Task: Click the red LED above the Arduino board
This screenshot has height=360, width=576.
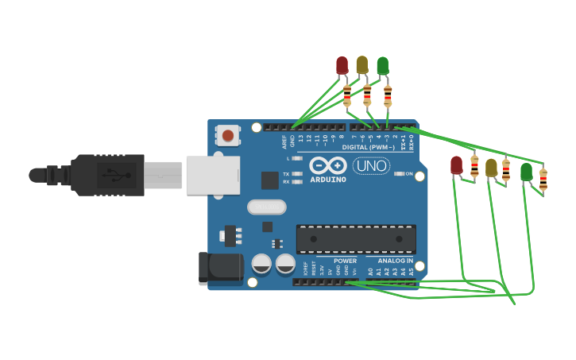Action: pos(342,65)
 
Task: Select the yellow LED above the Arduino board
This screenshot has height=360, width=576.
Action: pos(362,65)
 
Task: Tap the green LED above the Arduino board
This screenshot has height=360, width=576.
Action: pos(383,65)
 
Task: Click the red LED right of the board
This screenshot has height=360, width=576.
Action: pos(456,165)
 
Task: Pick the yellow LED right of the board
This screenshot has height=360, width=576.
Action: pos(491,168)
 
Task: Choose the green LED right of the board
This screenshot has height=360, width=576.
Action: pos(526,171)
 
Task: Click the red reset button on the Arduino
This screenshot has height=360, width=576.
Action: pos(228,136)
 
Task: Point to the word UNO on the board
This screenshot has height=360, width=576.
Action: pos(371,166)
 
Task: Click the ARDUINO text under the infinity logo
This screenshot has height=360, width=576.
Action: pos(328,180)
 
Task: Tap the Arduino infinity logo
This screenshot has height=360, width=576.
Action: pos(328,166)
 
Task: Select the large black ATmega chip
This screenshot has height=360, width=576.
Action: pos(356,239)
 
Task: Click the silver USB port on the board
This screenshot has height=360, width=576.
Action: pos(212,175)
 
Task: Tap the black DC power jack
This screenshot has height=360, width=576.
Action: pos(220,268)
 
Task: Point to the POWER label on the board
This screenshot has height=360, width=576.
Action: pos(345,261)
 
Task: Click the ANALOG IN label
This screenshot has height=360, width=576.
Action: pos(394,261)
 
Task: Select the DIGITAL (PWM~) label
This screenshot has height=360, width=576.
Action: pos(368,147)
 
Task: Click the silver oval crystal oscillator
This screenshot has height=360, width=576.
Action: pos(266,207)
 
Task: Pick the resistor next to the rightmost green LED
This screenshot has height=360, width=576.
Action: pos(543,180)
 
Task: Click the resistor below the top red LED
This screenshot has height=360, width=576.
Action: pos(347,95)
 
